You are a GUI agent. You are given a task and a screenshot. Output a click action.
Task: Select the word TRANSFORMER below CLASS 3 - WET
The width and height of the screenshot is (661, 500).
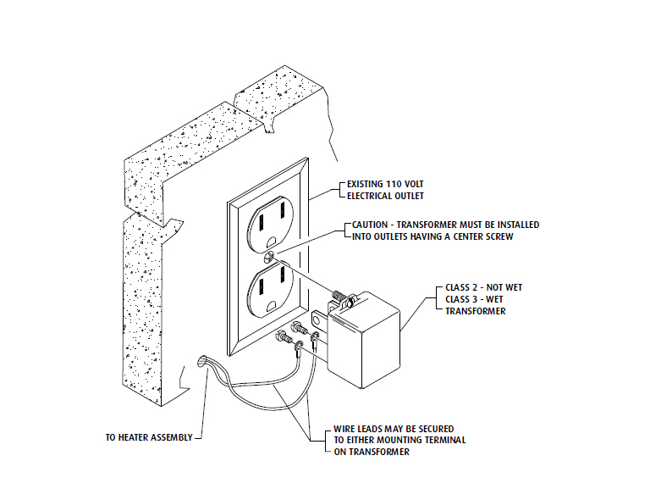click(x=476, y=311)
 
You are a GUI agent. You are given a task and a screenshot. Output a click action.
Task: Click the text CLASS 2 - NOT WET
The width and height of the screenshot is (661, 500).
click(x=483, y=287)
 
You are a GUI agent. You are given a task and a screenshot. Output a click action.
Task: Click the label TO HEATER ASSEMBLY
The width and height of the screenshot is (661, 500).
click(x=149, y=437)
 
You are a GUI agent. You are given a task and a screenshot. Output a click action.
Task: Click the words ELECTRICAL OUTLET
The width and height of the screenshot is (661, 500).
click(x=386, y=196)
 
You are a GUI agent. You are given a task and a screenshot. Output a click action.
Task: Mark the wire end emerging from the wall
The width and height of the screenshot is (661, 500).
click(x=201, y=362)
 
